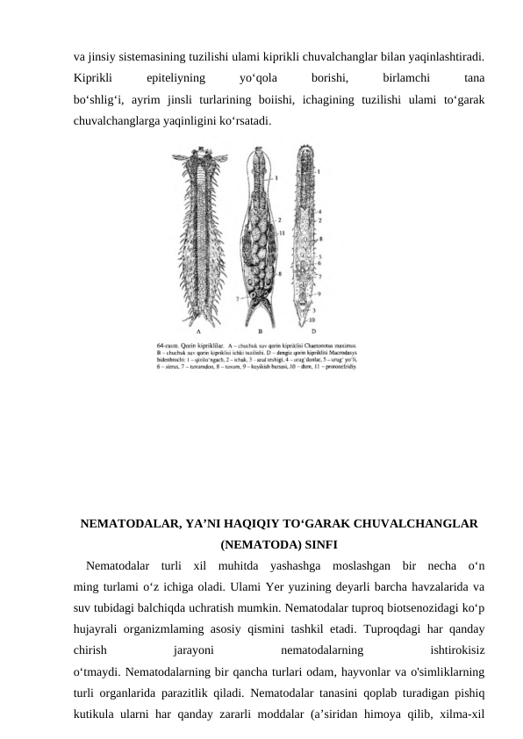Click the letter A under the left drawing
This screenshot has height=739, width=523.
click(x=199, y=332)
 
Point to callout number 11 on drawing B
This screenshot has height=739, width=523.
click(x=282, y=234)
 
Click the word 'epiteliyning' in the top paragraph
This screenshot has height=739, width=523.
click(x=176, y=77)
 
